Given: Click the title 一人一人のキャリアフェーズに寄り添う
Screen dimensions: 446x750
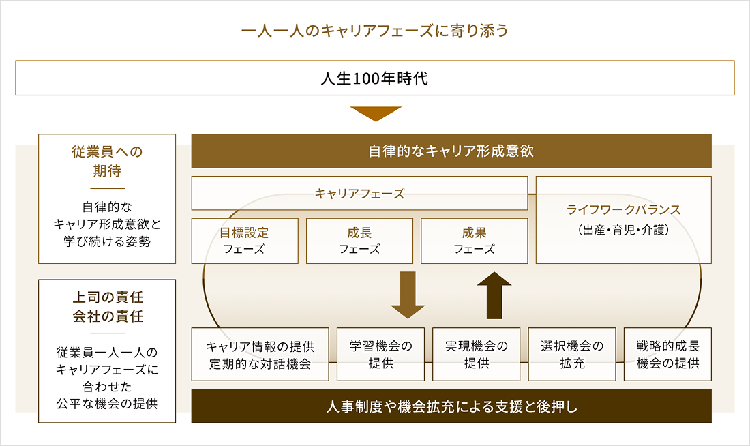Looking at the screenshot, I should pos(375,31).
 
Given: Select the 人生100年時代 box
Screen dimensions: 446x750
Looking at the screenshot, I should pos(375,78).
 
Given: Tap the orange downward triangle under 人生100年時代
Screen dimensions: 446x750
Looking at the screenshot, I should pos(375,113).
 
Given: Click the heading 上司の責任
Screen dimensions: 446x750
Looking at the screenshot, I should pos(107,299).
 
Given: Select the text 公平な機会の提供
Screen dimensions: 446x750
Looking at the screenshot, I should pos(107,402).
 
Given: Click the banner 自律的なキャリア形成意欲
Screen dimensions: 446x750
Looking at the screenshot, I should pos(451,151).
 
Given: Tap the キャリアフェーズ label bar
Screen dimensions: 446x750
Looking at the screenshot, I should pos(359,194).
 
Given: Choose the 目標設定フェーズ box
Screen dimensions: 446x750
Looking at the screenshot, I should pos(245,241).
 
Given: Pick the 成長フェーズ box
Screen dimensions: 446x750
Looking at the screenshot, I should pos(359,241).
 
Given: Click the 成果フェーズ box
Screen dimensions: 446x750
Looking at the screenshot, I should pos(474,241).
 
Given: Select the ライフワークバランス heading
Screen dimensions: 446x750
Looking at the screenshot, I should pos(623,210).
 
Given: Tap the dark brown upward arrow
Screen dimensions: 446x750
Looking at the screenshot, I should pos(494,295).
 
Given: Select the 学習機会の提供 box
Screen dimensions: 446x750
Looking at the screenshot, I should pos(380,355).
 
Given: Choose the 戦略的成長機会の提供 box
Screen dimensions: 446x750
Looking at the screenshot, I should pos(667,355).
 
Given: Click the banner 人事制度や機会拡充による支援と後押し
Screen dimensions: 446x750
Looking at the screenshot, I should pos(451,407).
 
